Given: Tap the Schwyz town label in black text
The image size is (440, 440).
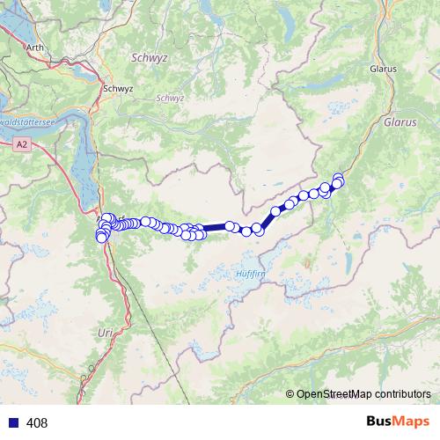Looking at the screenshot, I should [x=117, y=88].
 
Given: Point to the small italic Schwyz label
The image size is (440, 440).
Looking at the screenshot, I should [x=169, y=98].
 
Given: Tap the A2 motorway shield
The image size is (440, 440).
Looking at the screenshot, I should [x=23, y=141].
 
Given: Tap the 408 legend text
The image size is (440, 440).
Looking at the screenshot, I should [x=37, y=423].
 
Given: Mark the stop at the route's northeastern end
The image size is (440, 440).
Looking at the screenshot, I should [x=339, y=178].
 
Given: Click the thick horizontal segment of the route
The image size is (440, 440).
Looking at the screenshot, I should [x=216, y=228].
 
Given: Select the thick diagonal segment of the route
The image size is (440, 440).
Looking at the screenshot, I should [x=267, y=219].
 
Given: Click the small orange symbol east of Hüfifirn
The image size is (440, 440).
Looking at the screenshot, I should [x=307, y=261].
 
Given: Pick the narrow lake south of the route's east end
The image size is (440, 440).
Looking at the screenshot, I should [x=350, y=260].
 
